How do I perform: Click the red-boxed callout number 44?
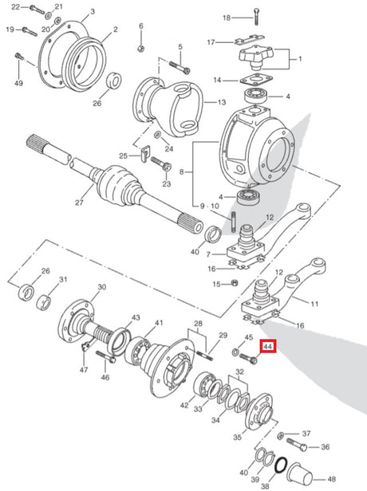(269, 346)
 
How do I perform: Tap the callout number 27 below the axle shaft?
(79, 202)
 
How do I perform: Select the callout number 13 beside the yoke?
(222, 102)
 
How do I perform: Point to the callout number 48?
(331, 479)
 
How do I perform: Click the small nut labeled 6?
(140, 48)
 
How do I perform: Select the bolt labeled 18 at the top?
(256, 16)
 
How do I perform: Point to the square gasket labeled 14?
(255, 80)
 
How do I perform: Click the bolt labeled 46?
(106, 356)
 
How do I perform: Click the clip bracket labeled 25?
(144, 154)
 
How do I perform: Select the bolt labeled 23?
(161, 163)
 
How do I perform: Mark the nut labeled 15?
(234, 284)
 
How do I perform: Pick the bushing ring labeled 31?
(44, 302)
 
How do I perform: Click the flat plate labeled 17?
(248, 39)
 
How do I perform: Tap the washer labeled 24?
(157, 136)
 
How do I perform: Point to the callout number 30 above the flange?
(102, 287)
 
